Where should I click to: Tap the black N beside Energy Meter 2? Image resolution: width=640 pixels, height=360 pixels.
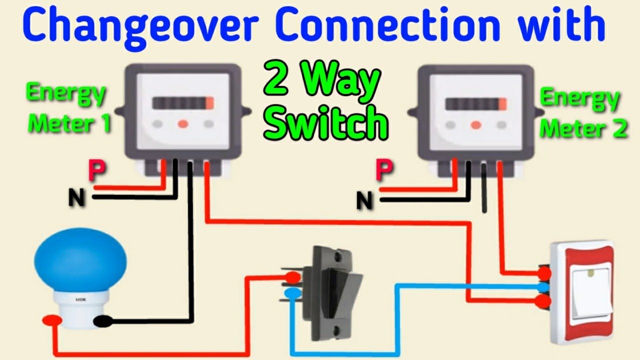click(x=365, y=201)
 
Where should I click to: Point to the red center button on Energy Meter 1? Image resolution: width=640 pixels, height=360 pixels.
click(x=183, y=123)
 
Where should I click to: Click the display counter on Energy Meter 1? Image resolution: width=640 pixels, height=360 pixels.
click(x=183, y=103)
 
